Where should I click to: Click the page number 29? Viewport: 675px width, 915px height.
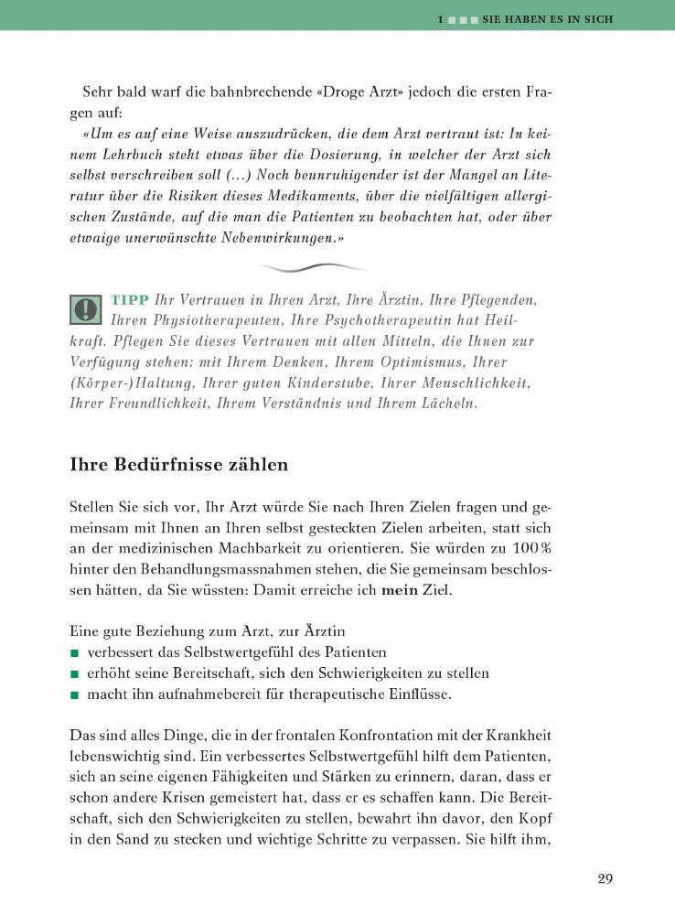point(605,879)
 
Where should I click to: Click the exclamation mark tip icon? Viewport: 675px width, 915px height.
point(85,310)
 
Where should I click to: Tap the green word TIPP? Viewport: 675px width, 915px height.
point(130,300)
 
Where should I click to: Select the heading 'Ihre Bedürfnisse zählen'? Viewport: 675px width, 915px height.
point(179,465)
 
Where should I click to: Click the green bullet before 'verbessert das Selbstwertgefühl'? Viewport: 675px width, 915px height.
point(75,653)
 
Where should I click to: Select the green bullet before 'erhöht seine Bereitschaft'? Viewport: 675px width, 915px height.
point(75,674)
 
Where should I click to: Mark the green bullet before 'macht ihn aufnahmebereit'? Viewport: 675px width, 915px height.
point(75,695)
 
